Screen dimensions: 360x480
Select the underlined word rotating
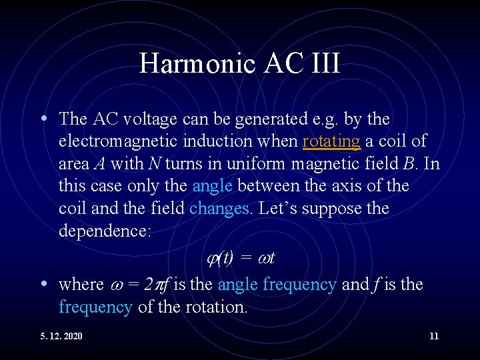tap(331, 141)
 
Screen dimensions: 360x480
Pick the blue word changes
tap(220, 209)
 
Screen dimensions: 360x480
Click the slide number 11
tap(434, 336)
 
